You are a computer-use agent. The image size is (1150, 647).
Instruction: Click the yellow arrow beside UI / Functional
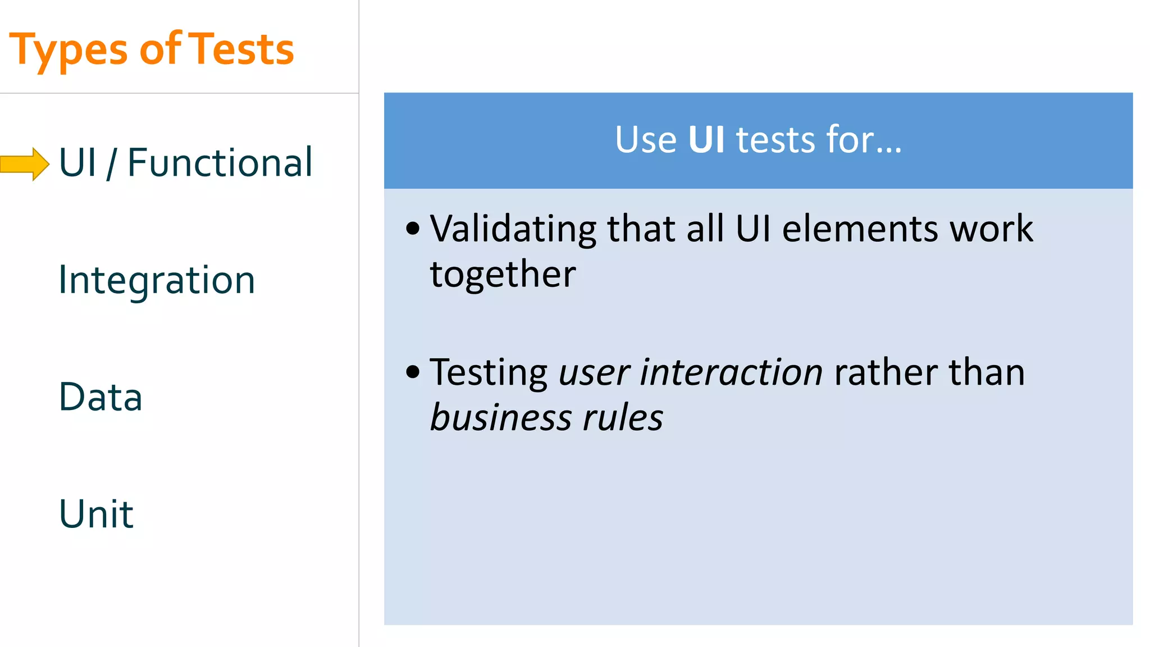tap(25, 164)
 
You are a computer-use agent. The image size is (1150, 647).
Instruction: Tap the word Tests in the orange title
tap(241, 49)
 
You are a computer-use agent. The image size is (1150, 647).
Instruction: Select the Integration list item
tap(157, 280)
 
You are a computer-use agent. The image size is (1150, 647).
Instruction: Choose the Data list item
tap(101, 397)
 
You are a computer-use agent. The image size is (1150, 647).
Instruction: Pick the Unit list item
tap(96, 514)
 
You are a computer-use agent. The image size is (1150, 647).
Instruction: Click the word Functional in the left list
tap(220, 163)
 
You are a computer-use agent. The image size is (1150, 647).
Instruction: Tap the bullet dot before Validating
tap(413, 229)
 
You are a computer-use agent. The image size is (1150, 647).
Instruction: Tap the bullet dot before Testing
tap(413, 372)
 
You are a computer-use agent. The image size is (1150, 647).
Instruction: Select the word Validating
tap(513, 229)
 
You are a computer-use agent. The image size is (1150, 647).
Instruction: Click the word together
tap(503, 274)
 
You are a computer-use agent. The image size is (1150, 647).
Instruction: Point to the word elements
tap(860, 229)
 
